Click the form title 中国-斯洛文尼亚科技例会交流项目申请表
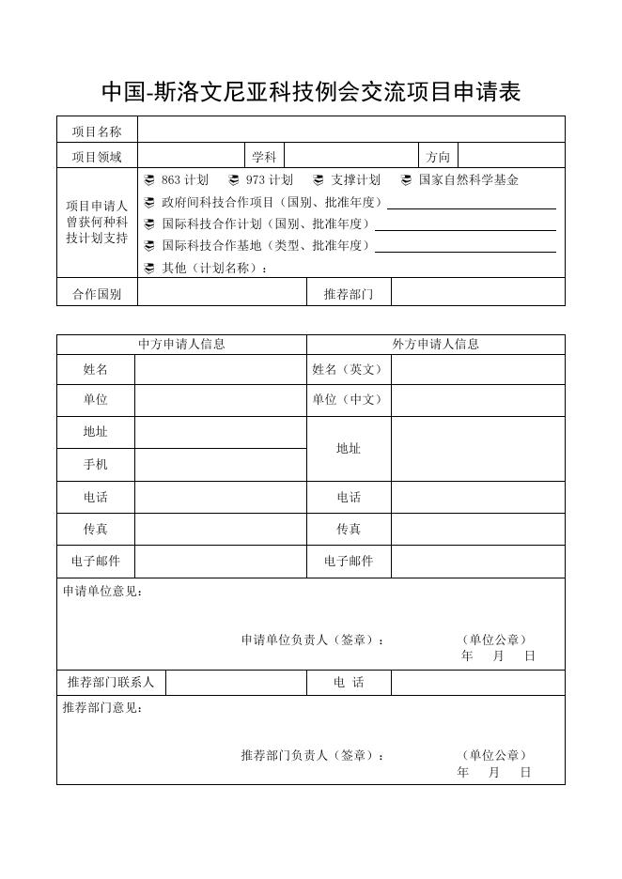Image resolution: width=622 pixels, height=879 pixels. pos(310,92)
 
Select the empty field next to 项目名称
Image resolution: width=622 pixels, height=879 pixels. pos(350,131)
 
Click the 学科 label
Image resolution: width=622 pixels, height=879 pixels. pos(264,157)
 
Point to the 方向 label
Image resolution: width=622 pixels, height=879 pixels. pos(438,157)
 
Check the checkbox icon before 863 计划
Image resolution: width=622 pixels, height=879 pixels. pos(149,180)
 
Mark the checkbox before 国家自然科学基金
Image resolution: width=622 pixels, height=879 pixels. pos(406,180)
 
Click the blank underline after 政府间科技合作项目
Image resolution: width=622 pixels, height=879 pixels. pos(472,203)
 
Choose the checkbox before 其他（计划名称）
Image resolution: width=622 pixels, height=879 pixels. pos(149,269)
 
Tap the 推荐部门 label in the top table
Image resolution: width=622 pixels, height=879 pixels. pos(349,294)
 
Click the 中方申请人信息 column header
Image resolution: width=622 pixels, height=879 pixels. pos(181,344)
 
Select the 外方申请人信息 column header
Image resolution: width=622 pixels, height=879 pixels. pos(435,344)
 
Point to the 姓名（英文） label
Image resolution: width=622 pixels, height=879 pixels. pos(349,370)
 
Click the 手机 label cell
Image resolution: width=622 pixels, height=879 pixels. pos(96,465)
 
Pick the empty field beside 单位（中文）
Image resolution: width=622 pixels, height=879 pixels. pos(477,400)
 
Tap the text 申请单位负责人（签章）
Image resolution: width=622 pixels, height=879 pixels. pos(313,640)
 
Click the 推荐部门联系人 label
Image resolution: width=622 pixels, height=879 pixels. pos(111,683)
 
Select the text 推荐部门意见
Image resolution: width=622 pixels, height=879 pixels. pos(102,708)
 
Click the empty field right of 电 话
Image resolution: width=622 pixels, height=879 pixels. pos(477,683)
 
